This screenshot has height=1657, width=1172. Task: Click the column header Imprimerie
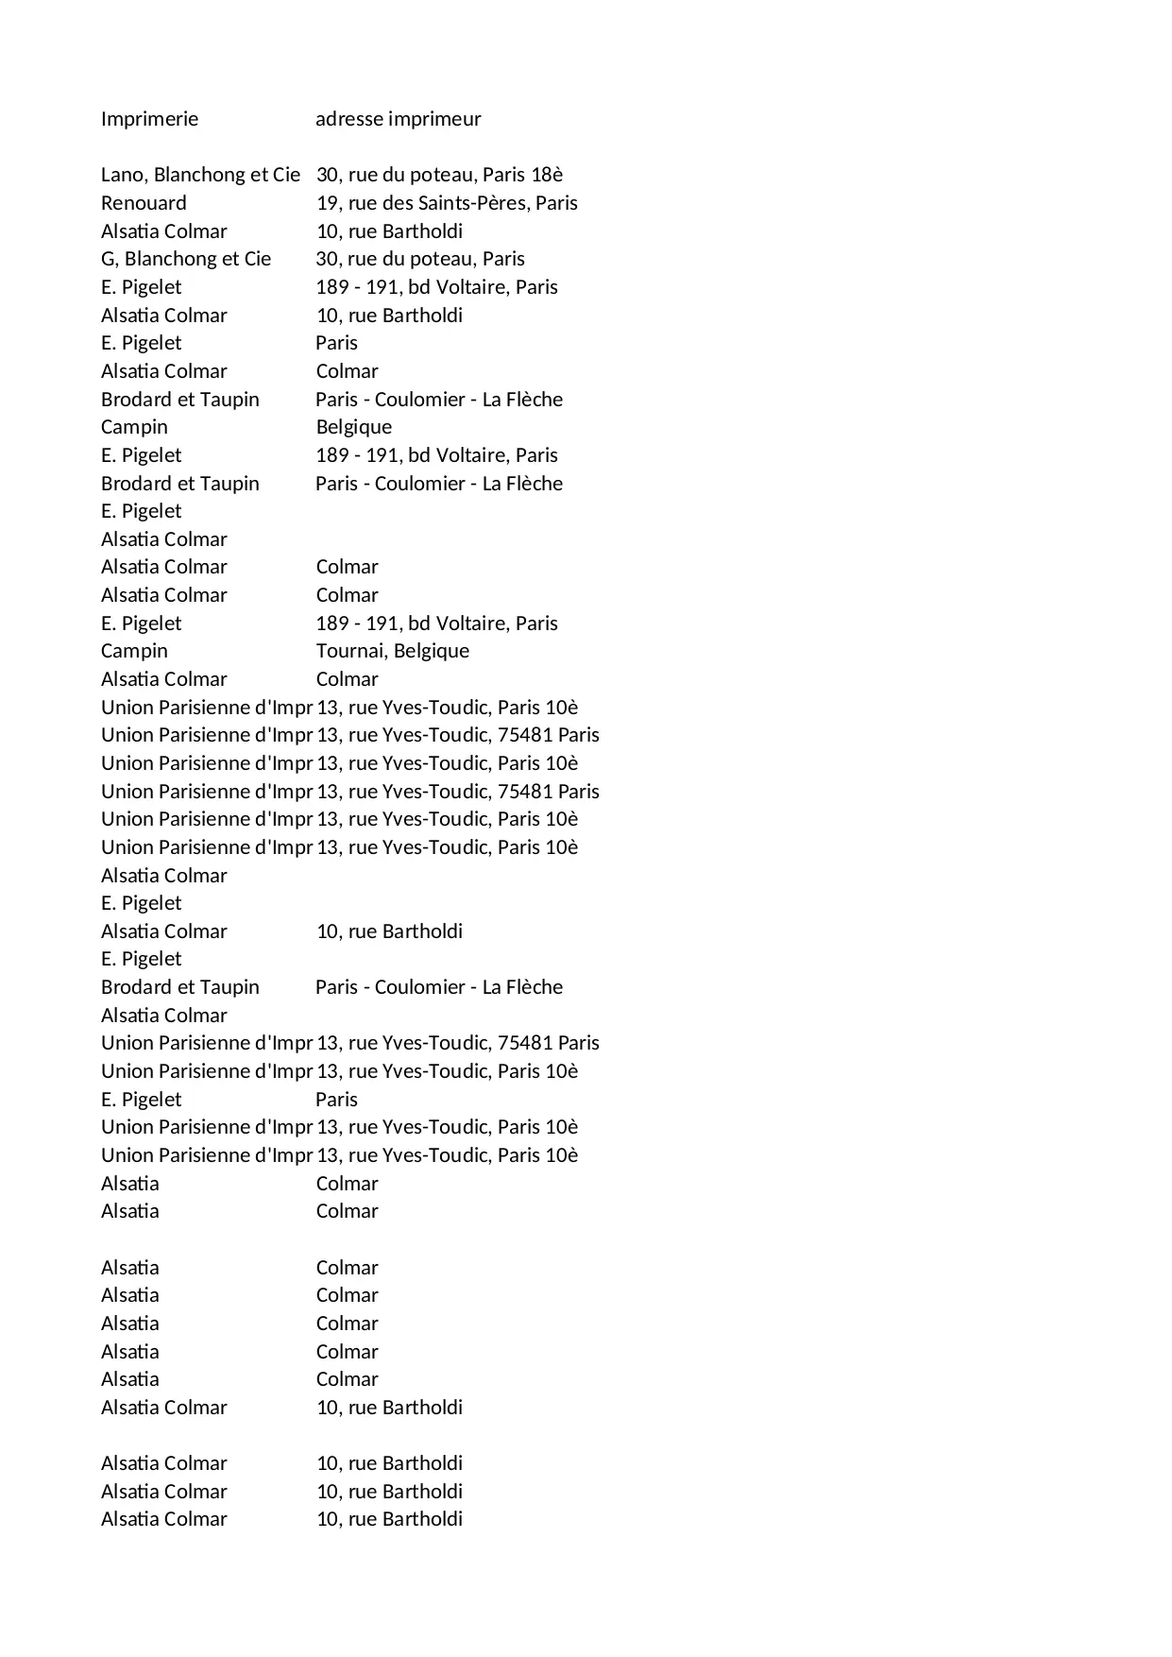click(149, 119)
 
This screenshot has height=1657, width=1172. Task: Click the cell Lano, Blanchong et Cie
click(200, 175)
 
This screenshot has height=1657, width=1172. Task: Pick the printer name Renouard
click(144, 203)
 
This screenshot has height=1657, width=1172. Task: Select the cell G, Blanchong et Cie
click(186, 259)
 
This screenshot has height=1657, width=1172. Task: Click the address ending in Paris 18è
click(439, 175)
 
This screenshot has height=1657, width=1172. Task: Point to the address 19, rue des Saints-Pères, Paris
click(447, 203)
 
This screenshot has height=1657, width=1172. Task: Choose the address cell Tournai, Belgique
click(392, 651)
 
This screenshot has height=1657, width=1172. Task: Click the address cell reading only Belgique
click(353, 427)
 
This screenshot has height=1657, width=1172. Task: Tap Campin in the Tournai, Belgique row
click(134, 651)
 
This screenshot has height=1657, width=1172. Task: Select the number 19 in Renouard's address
click(327, 203)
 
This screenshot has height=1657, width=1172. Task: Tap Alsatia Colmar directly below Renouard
click(164, 231)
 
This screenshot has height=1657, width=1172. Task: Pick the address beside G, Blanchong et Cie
click(420, 259)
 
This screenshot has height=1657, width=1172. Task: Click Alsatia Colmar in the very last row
click(164, 1519)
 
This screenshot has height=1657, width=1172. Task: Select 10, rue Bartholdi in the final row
click(389, 1519)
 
